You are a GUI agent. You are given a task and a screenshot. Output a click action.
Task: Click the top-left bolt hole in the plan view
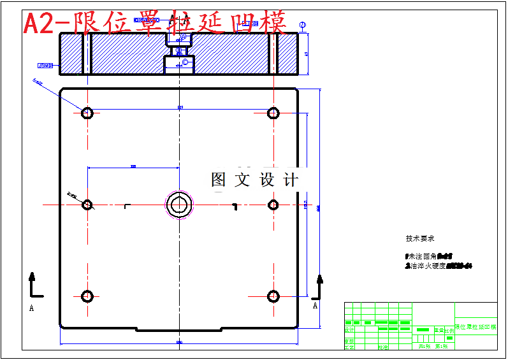87,113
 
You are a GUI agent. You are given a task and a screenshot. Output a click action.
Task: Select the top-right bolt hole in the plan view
273,113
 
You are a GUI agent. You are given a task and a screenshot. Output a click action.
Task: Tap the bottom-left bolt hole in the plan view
87,296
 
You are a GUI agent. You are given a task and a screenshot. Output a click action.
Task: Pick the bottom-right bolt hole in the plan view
273,296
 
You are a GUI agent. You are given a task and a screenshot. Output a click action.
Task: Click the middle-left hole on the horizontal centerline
87,205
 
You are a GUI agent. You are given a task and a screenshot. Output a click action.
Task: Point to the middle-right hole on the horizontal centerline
273,205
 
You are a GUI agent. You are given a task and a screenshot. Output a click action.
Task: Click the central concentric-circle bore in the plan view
179,205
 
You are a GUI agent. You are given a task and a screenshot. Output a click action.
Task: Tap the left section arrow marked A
33,286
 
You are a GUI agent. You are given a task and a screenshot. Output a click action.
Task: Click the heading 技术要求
420,238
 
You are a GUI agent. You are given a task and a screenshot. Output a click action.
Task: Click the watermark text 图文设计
254,180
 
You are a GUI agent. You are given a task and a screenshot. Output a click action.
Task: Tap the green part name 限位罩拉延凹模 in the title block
475,327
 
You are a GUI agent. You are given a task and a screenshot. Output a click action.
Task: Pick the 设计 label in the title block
349,330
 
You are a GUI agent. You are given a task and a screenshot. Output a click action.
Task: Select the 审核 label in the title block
349,340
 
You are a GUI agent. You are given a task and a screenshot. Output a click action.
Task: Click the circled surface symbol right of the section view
303,25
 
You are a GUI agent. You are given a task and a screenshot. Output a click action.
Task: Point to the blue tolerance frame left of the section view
46,65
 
